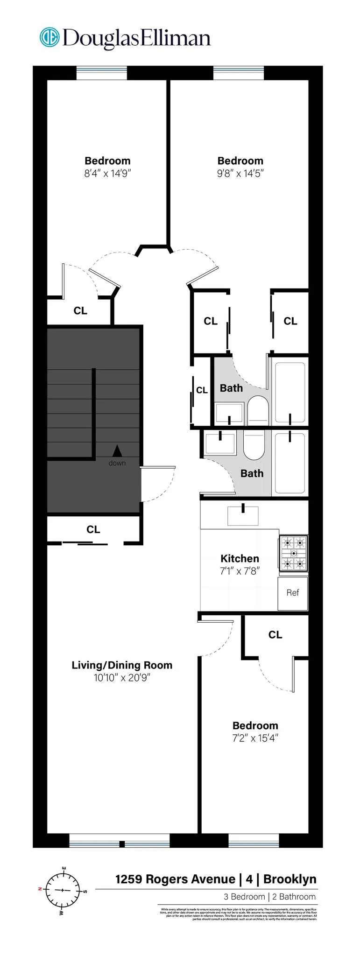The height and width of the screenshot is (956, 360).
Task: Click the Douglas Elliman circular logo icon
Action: (49, 38)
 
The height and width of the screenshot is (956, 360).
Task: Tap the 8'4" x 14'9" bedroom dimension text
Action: (107, 174)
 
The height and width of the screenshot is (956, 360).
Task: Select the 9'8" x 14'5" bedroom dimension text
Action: (240, 174)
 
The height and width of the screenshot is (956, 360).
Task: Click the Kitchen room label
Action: (240, 558)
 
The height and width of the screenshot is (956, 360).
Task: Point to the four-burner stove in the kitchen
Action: (293, 554)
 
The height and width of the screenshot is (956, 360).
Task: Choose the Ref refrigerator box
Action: (293, 593)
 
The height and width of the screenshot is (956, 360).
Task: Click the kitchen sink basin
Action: (243, 516)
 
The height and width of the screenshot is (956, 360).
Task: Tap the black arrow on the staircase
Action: (117, 450)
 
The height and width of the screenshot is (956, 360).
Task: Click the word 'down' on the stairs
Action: (117, 463)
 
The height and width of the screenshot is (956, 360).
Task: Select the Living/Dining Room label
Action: (122, 665)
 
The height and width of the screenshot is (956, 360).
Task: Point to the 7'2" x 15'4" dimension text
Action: (255, 738)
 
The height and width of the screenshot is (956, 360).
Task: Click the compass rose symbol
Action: (63, 890)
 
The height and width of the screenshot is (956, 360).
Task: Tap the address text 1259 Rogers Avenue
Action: (175, 879)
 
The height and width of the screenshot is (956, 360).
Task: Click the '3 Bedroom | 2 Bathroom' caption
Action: (269, 897)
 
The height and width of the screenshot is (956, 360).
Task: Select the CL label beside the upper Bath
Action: (202, 390)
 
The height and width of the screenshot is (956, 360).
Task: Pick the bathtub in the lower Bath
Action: (289, 462)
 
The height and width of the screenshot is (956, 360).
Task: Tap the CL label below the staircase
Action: (93, 529)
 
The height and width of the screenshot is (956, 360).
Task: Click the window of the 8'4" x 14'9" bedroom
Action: (101, 73)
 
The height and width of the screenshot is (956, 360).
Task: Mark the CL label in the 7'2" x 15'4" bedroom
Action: (275, 635)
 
